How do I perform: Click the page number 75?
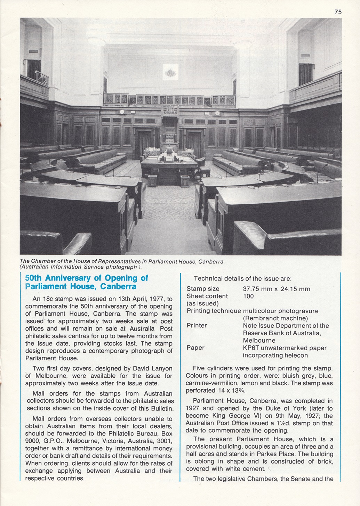click(338, 12)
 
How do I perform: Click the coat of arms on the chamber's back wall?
click(170, 72)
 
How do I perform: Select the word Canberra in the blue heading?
click(118, 287)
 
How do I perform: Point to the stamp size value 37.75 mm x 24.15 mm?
click(276, 289)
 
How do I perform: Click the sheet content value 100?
click(248, 296)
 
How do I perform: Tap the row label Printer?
click(197, 326)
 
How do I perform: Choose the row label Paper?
click(195, 348)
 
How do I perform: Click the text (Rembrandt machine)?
click(275, 318)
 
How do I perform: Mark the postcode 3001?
click(165, 441)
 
